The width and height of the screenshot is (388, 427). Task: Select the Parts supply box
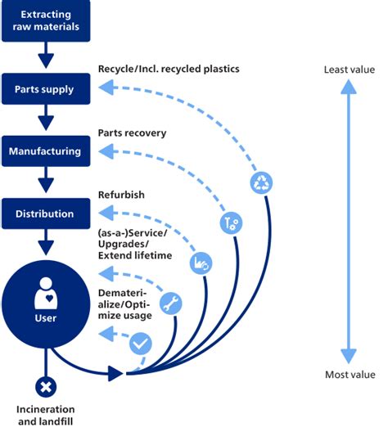46,88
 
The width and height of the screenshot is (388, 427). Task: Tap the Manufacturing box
46,151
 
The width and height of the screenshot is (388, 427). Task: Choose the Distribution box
46,214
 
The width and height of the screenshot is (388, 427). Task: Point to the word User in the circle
46,318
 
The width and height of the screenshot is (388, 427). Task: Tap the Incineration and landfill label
46,414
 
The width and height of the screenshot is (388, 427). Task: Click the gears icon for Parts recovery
229,222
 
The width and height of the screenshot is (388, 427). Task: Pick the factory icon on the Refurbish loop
200,263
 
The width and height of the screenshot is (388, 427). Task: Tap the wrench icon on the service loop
171,303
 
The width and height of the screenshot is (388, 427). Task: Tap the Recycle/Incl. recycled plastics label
169,69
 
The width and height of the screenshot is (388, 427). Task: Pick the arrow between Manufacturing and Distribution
46,182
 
